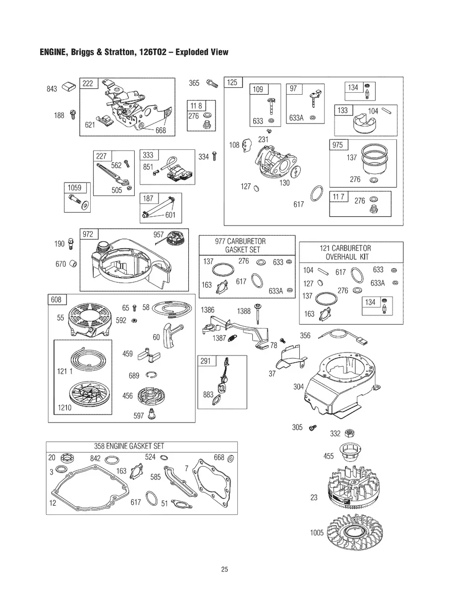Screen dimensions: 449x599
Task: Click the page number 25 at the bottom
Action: (224, 569)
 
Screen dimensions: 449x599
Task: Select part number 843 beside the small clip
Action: (52, 89)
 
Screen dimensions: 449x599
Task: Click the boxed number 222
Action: (88, 83)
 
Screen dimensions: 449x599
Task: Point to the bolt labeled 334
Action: (215, 157)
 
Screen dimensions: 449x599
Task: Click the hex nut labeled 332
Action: (349, 433)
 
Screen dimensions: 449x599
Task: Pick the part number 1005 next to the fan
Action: (317, 533)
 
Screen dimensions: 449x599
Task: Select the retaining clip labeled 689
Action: (151, 375)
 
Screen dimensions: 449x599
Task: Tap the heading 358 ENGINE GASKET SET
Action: (129, 446)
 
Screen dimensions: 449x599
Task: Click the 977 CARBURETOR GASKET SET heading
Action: (240, 245)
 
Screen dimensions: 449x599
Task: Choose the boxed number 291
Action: (206, 361)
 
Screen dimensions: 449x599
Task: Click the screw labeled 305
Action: (312, 427)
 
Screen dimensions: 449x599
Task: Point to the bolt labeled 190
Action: (71, 243)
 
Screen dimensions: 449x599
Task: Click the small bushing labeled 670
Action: (73, 264)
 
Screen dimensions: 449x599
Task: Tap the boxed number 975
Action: (337, 145)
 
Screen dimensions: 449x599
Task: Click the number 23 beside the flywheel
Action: (314, 497)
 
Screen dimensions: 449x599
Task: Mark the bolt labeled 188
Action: (73, 115)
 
